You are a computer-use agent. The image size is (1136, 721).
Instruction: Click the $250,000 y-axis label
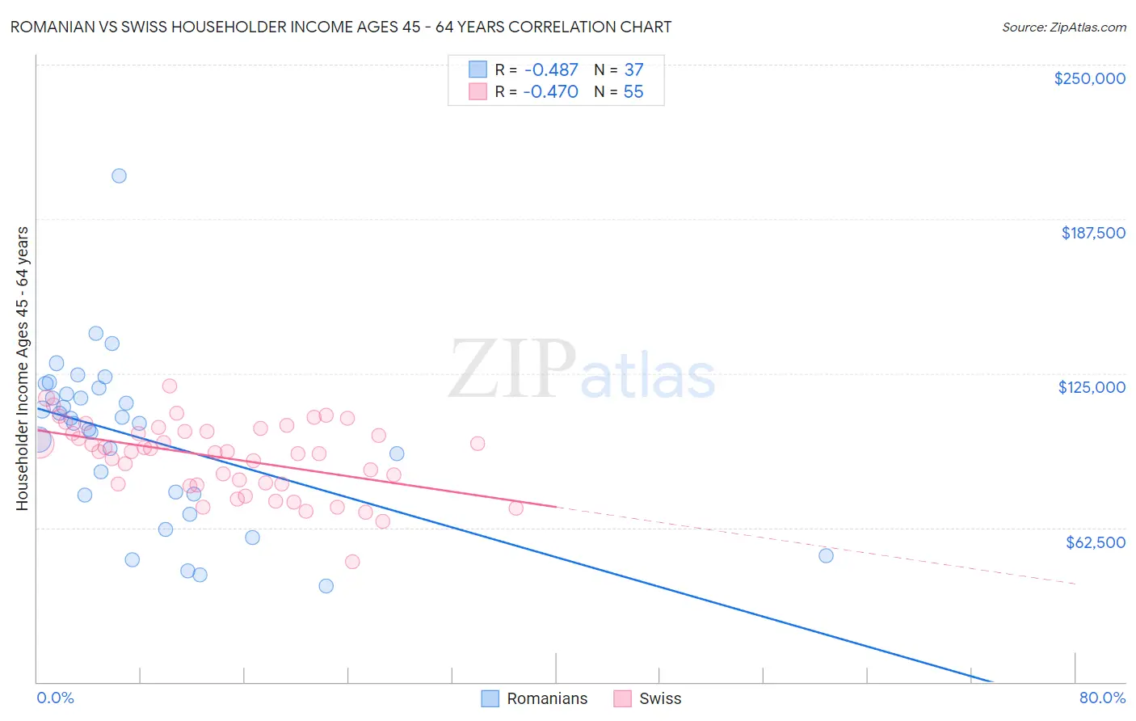coord(1089,78)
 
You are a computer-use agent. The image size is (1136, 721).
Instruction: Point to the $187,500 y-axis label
coord(1092,233)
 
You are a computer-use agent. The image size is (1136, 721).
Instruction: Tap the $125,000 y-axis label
coord(1092,387)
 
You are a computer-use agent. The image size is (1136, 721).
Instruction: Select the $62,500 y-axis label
coord(1095,542)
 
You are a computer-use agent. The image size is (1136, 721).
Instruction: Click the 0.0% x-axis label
coord(55,698)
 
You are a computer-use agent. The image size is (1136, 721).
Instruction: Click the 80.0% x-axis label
coord(1102,698)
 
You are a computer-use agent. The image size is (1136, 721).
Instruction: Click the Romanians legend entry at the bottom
coord(534,699)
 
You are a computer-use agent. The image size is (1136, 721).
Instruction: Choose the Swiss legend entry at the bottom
coord(647,699)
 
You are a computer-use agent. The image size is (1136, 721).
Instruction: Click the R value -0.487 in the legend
coord(550,70)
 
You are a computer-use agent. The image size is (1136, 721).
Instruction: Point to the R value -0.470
coord(550,92)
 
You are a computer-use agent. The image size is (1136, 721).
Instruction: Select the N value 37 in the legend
coord(633,70)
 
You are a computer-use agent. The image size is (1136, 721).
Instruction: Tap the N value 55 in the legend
coord(633,92)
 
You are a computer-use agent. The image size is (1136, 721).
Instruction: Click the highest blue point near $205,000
coord(119,176)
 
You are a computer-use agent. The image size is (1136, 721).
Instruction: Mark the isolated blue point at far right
coord(826,555)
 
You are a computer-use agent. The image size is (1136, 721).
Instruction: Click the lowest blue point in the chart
coord(326,586)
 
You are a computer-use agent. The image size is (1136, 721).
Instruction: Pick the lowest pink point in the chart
coord(352,562)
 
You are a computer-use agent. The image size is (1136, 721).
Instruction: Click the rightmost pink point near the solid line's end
coord(515,508)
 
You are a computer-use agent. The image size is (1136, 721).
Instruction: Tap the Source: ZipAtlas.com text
coord(1063,27)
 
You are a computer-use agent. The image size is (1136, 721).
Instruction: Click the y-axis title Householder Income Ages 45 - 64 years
coord(23,369)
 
